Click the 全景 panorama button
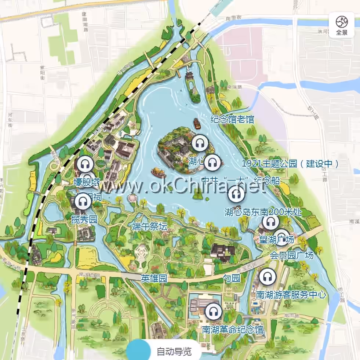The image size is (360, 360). point(341,25)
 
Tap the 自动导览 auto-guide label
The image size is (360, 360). point(174,352)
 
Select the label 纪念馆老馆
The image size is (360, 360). point(232,120)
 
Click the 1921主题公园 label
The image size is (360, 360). point(290,164)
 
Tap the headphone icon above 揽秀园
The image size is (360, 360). point(83,201)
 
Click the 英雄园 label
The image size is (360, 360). point(154,279)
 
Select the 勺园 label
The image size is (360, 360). point(232,279)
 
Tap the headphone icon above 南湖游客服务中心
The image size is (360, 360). point(268,277)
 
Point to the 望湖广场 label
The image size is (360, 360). point(276,240)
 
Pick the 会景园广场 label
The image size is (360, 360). point(292,255)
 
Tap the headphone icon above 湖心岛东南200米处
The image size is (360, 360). point(236,194)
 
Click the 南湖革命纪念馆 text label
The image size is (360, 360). point(233,329)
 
